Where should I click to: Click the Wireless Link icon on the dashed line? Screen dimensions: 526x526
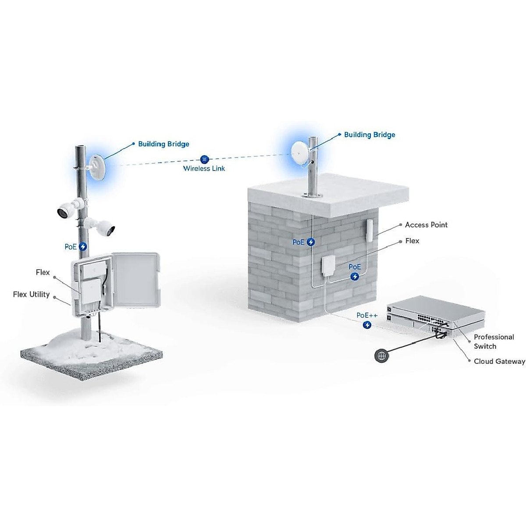[x=204, y=160]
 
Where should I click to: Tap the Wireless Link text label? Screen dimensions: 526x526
[x=204, y=169]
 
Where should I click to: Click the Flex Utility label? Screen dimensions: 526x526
[x=31, y=295]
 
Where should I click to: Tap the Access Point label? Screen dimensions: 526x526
[x=426, y=225]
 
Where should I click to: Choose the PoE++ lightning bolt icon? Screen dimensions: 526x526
[x=367, y=325]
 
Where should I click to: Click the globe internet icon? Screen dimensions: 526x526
[x=382, y=355]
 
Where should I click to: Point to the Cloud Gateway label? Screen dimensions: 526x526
[x=499, y=362]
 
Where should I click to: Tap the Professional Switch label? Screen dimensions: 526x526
[x=494, y=341]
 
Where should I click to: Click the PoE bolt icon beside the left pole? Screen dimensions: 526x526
[x=83, y=247]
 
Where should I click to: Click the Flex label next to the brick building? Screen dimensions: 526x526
[x=412, y=241]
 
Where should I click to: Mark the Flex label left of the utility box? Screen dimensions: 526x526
[x=43, y=273]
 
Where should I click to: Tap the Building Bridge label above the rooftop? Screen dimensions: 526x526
[x=370, y=135]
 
